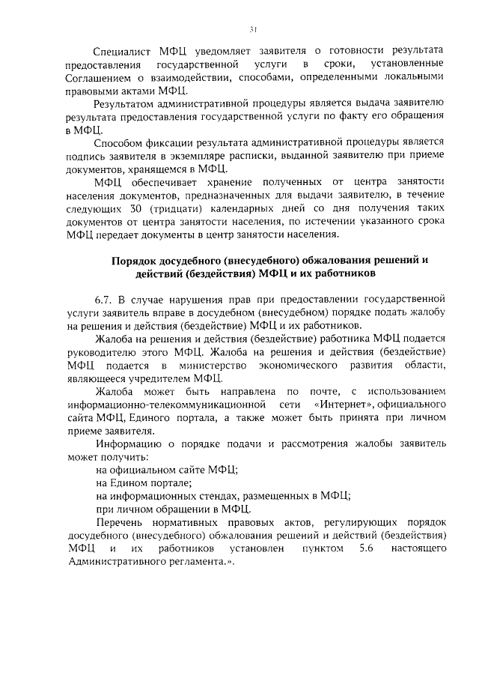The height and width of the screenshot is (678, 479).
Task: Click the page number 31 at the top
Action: (253, 29)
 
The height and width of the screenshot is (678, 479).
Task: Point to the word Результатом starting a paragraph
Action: (129, 103)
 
